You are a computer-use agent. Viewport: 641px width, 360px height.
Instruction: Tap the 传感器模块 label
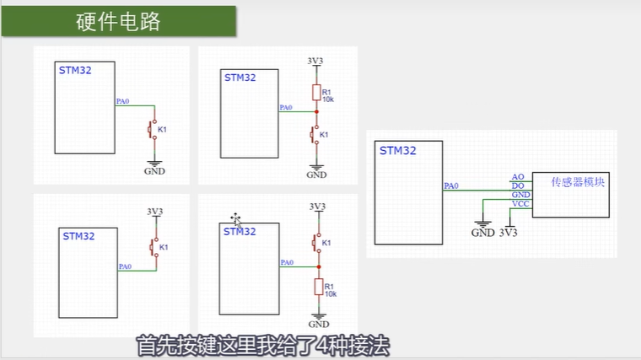coord(578,182)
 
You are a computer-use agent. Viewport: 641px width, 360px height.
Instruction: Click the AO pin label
coord(518,177)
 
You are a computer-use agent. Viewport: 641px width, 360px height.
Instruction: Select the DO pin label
coord(518,185)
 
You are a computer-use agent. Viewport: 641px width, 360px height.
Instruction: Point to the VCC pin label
coord(520,205)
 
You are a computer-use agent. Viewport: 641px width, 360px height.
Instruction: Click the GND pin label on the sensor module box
coord(520,195)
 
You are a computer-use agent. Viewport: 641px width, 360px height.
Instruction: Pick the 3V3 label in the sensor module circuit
coord(509,233)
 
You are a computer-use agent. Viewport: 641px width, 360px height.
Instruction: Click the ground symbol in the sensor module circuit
coord(482,224)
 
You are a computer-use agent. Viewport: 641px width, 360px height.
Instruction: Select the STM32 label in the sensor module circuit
coord(398,152)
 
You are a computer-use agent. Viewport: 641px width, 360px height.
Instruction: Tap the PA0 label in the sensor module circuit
coord(451,186)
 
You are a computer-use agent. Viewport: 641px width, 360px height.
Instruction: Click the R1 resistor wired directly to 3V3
coord(316,94)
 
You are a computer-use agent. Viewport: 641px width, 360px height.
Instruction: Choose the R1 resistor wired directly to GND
coord(318,287)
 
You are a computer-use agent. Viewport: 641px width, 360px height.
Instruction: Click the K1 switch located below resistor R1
coord(316,134)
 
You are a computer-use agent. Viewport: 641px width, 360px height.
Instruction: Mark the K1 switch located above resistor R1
coord(318,243)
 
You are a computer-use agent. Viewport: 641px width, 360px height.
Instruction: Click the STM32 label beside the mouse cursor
coord(240,231)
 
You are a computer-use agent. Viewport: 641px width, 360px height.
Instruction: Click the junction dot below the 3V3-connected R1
coord(316,111)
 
